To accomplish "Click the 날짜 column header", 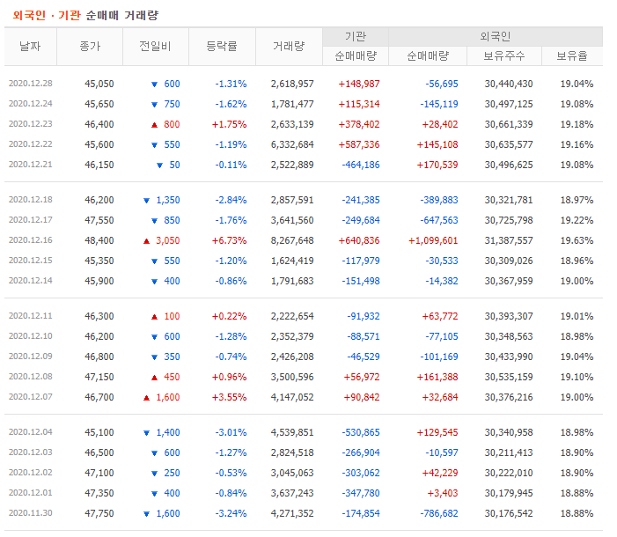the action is (30, 47).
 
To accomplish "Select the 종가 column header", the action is (90, 47).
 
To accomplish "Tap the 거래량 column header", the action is (289, 47).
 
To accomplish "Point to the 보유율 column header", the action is (572, 56).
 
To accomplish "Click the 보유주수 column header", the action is (504, 56).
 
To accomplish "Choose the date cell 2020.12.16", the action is (30, 240).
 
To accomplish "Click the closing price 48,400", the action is (99, 240).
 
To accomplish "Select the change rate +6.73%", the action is (230, 240).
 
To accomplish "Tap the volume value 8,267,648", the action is (292, 240).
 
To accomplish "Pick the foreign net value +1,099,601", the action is (433, 240).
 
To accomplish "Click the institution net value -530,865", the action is (361, 432).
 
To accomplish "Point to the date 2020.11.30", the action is (30, 513).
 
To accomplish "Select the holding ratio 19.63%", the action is (577, 240).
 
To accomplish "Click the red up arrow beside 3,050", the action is (146, 241).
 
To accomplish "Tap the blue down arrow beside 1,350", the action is (146, 201).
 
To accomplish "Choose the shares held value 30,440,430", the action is (509, 84).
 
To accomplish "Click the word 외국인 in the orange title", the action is (29, 15).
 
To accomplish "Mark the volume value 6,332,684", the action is (292, 145).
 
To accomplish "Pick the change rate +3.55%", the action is (230, 397).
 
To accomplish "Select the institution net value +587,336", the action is (359, 145).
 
